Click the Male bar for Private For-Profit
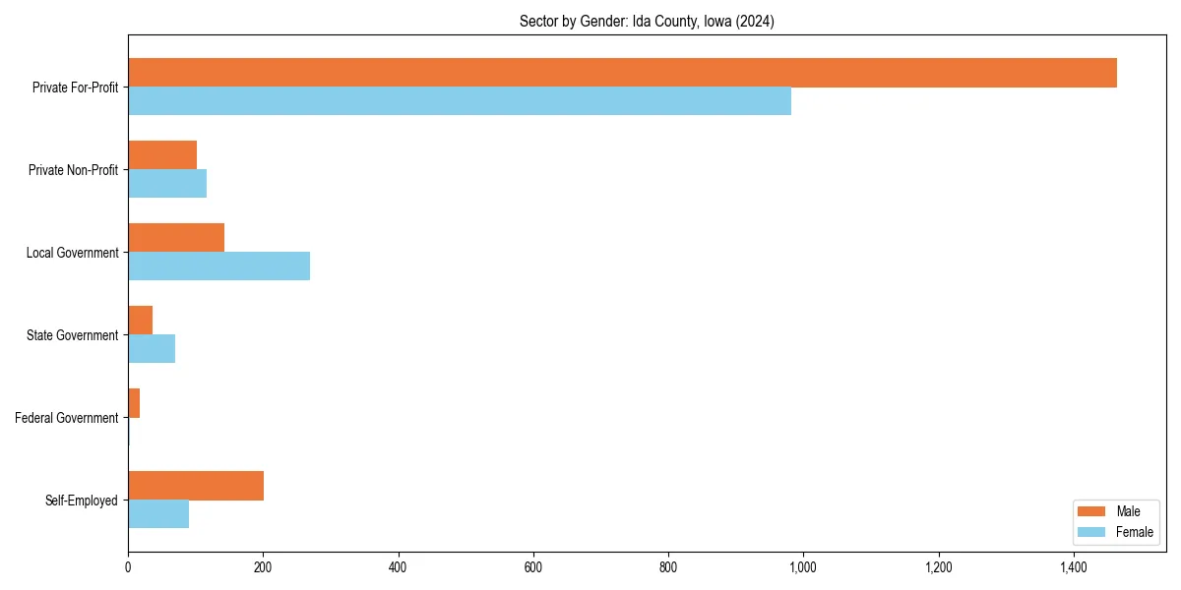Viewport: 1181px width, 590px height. tap(622, 73)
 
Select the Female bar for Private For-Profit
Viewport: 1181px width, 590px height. tap(460, 101)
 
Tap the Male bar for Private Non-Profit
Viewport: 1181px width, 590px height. tap(162, 155)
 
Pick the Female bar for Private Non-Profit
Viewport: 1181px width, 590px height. tap(167, 184)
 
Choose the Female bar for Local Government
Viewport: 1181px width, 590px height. tap(218, 266)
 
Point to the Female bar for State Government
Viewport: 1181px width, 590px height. tap(152, 349)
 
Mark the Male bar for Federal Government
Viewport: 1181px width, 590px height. tap(134, 403)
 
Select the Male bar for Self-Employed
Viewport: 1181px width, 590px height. tap(196, 486)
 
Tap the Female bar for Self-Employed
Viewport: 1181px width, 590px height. tap(158, 514)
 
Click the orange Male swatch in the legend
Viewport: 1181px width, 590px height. tap(1092, 511)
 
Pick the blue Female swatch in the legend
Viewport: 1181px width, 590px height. tap(1092, 532)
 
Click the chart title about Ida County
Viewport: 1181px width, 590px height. tap(647, 22)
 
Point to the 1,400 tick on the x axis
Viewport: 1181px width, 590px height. tap(1074, 567)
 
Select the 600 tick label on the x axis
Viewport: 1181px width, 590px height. tap(533, 567)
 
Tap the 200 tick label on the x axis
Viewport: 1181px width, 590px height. tap(263, 567)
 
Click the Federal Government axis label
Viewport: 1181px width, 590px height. tap(67, 418)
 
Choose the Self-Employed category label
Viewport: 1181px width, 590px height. tap(82, 501)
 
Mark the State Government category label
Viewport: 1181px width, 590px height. tap(73, 335)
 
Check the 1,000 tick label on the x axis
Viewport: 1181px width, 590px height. tap(803, 567)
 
